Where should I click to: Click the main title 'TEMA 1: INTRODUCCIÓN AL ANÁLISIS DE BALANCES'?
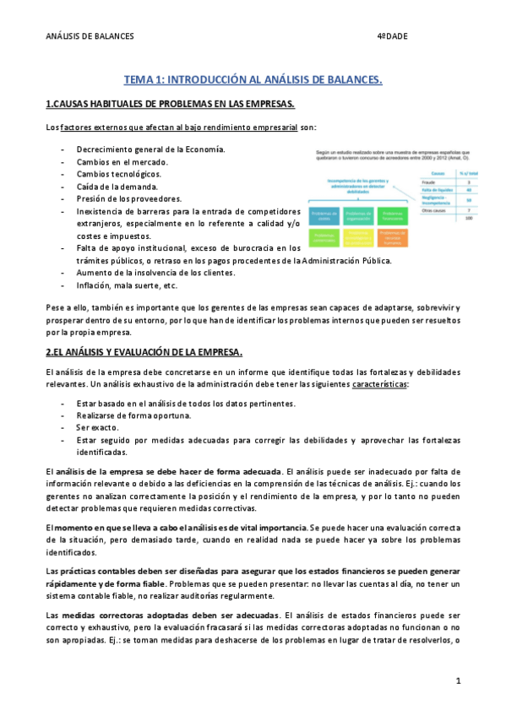(x=253, y=80)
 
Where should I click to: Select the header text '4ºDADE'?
(x=391, y=36)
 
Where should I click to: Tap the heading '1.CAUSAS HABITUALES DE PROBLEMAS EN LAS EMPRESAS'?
(x=170, y=104)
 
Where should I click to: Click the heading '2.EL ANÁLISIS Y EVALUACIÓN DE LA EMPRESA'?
(x=144, y=350)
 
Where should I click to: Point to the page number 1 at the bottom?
(x=457, y=681)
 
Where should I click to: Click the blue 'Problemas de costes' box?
(x=324, y=216)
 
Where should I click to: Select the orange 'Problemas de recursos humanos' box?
(x=392, y=238)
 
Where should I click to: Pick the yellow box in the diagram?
(x=358, y=238)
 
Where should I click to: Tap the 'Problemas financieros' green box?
(x=392, y=216)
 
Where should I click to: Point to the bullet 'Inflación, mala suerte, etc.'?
(x=128, y=285)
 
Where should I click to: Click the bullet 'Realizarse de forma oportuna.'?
(x=133, y=415)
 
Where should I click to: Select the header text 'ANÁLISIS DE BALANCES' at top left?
(x=90, y=36)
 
